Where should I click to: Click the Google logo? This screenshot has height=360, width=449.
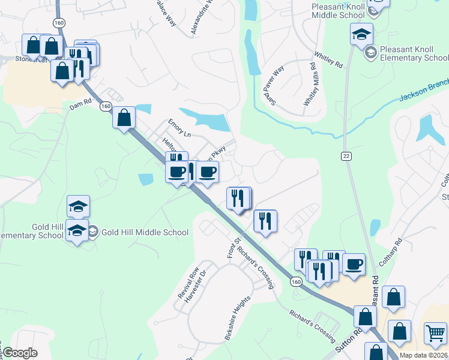coord(20,353)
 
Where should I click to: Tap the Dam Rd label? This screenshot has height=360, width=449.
coord(80,105)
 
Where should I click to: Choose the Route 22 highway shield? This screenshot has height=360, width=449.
coord(346,156)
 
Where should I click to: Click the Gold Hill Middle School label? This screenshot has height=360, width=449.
coord(145,232)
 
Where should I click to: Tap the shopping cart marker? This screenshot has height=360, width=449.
coord(436,333)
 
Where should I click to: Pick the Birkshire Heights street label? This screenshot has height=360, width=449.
coord(237,319)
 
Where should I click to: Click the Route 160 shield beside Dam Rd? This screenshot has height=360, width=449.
coord(106,106)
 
